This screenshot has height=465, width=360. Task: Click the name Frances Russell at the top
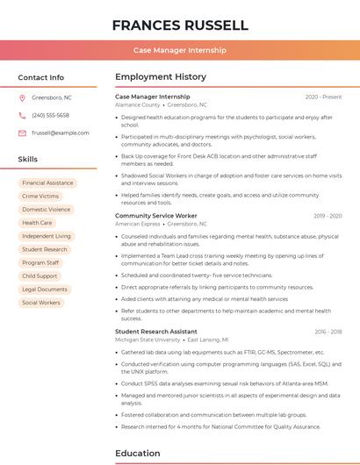(x=180, y=25)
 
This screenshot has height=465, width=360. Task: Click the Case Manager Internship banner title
(x=180, y=51)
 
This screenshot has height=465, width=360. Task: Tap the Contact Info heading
(x=40, y=77)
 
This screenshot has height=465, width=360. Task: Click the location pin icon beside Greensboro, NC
(x=22, y=97)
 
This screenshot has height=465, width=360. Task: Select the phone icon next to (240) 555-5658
(x=22, y=115)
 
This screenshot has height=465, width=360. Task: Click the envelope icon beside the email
(x=22, y=132)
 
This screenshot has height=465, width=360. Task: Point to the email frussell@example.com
(x=61, y=132)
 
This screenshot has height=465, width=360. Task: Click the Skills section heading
(x=27, y=160)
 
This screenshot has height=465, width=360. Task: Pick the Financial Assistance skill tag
(x=47, y=183)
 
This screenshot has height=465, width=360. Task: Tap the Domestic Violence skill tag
(x=47, y=210)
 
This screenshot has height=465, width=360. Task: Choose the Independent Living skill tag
(x=47, y=236)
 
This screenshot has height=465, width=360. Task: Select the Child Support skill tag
(x=40, y=275)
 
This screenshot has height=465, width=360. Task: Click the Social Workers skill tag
(x=41, y=303)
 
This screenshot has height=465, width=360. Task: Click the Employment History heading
(x=161, y=77)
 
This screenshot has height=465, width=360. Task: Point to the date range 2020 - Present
(x=323, y=97)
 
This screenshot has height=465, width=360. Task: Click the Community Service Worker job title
(x=156, y=216)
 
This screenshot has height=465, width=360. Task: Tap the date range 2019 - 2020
(x=328, y=216)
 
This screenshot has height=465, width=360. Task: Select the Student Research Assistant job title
(x=156, y=332)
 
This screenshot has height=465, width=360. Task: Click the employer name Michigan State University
(x=148, y=340)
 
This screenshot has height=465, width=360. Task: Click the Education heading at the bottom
(x=139, y=454)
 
